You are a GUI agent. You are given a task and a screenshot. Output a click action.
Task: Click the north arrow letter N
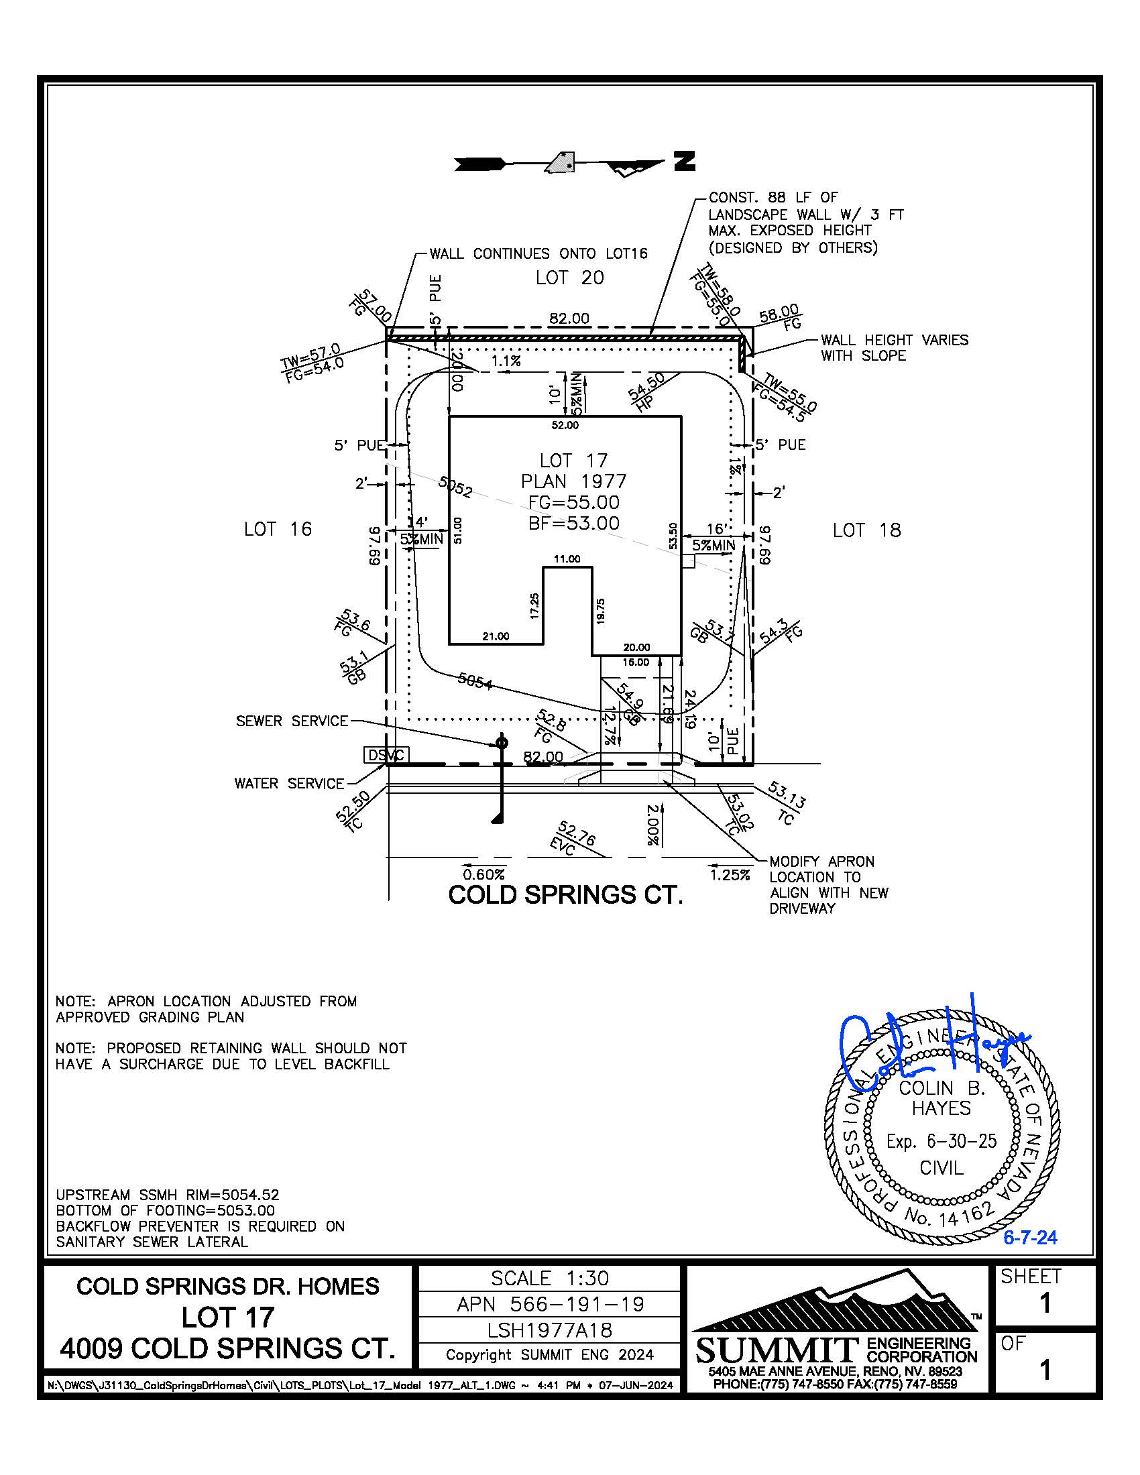(x=684, y=162)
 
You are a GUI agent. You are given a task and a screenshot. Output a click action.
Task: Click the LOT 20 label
(x=569, y=278)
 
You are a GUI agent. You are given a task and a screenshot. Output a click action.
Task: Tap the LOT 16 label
(x=278, y=529)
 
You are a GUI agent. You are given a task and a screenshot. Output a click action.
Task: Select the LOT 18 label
(x=866, y=530)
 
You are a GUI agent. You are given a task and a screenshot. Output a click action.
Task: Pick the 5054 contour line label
(x=475, y=681)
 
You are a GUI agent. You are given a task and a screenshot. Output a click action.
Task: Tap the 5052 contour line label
(x=455, y=486)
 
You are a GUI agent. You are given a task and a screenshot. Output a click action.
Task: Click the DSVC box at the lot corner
(x=386, y=755)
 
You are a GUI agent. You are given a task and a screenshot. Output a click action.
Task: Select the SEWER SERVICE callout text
(x=292, y=721)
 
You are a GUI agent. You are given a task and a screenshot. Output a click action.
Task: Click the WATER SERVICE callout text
(x=289, y=783)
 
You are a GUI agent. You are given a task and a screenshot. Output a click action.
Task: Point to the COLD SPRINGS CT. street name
(x=565, y=895)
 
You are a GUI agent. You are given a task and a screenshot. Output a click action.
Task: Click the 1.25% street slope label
(x=730, y=875)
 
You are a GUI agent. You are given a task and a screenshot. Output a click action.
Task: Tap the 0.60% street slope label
(x=483, y=874)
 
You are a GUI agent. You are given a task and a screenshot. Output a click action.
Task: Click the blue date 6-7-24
(x=1029, y=1238)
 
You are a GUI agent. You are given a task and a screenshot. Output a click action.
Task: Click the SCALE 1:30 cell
(x=549, y=1279)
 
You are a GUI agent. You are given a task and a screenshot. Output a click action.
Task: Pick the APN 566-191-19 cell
(x=549, y=1304)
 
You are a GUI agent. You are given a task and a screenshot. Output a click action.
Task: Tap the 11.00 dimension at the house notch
(x=567, y=559)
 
